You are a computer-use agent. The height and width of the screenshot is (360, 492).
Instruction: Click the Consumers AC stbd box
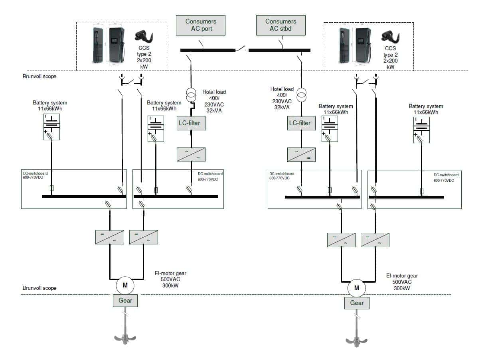(x=281, y=25)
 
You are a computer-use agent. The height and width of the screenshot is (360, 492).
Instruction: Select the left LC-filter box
(x=191, y=123)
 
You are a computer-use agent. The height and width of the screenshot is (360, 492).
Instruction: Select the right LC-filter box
(x=300, y=123)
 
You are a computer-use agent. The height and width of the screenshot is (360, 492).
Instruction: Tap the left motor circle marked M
(x=125, y=285)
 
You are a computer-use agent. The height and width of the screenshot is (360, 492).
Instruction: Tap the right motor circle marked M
(x=356, y=288)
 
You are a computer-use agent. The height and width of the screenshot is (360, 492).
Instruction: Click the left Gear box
(x=125, y=301)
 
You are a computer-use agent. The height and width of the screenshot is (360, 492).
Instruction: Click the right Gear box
(x=357, y=303)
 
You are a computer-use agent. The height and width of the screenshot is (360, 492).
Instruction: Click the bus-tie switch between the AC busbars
(x=241, y=49)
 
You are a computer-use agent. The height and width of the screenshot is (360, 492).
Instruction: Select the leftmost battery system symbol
(x=51, y=127)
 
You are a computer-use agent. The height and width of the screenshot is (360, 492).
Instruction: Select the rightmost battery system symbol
(x=421, y=130)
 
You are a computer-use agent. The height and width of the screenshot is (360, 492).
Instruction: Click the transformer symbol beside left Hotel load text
(x=192, y=95)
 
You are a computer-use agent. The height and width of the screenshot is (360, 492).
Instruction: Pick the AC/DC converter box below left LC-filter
(x=191, y=154)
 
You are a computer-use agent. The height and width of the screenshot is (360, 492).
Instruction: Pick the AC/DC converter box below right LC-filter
(x=301, y=155)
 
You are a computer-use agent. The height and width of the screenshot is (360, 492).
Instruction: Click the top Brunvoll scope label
(x=40, y=76)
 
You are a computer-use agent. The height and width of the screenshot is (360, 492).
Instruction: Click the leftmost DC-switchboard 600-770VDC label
(x=36, y=176)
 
